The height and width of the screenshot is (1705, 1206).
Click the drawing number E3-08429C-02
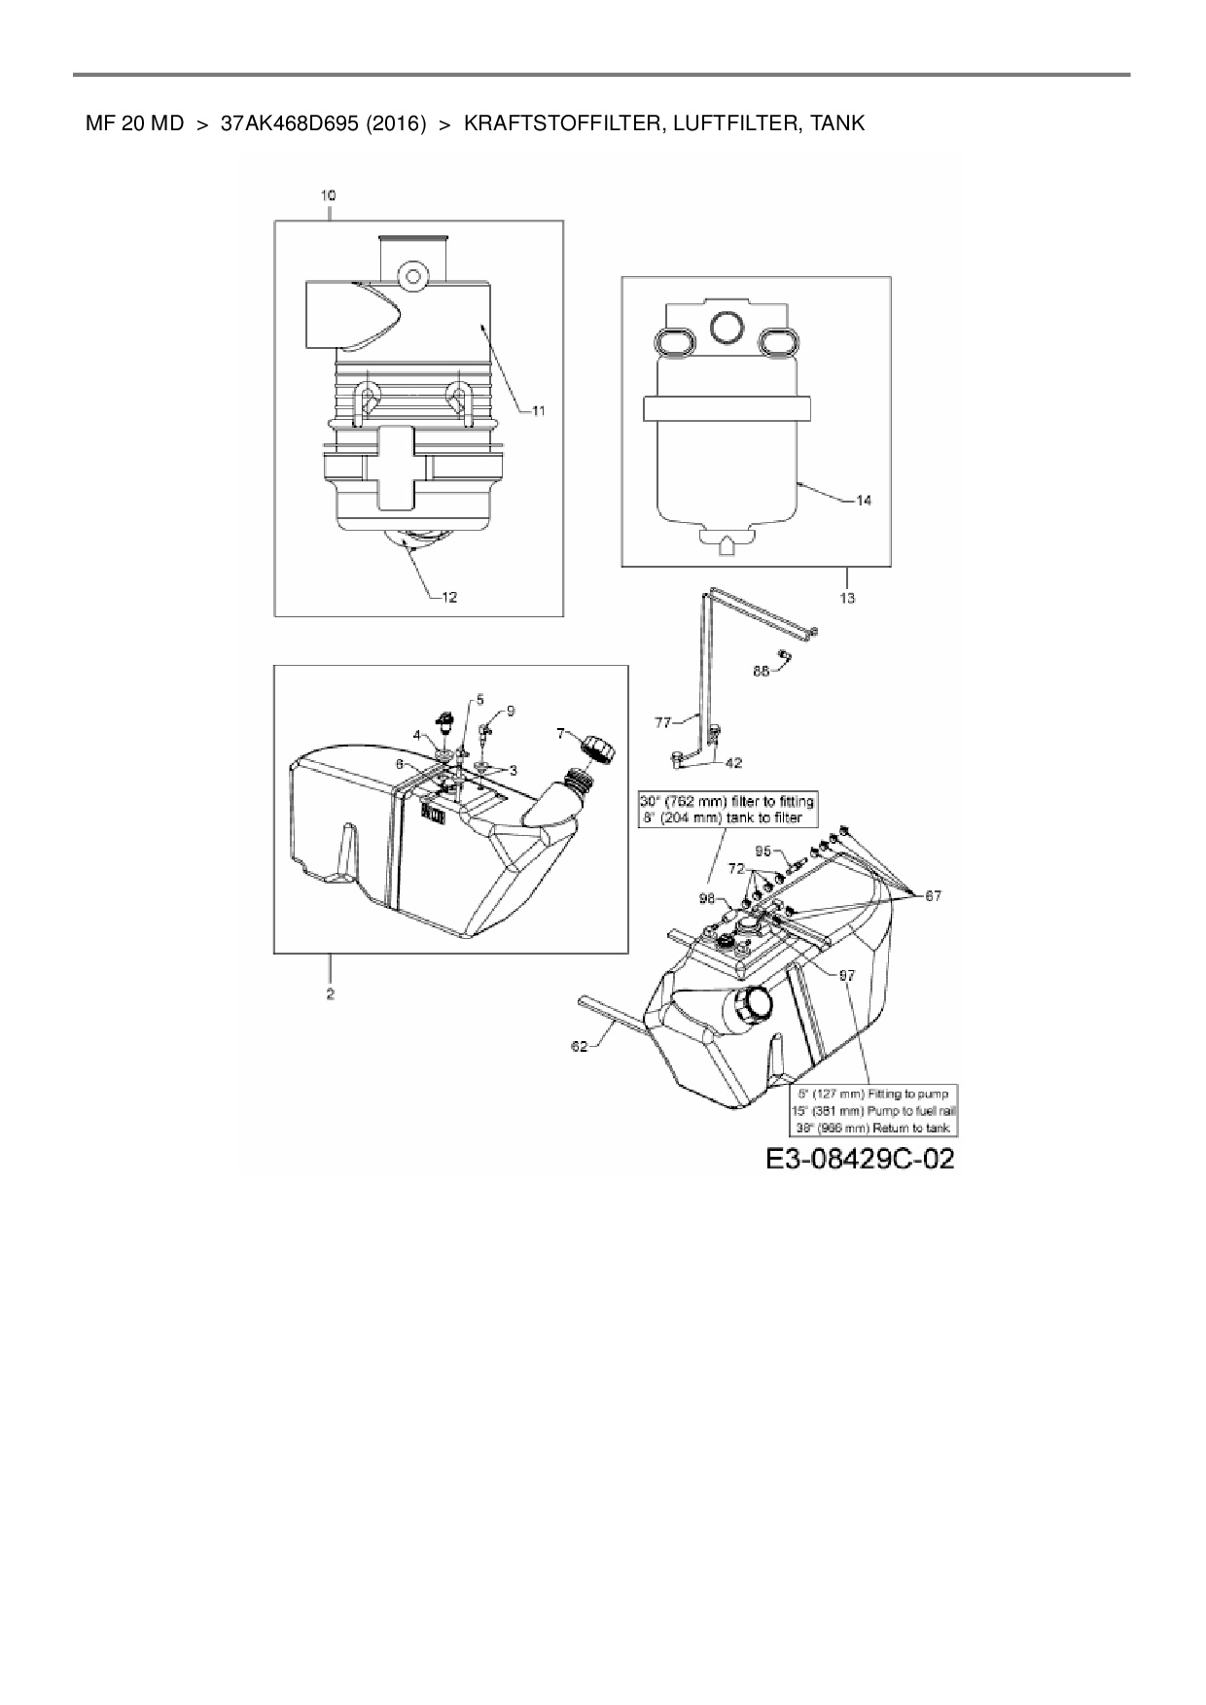tap(859, 1159)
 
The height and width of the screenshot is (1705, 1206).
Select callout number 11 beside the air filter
tap(538, 411)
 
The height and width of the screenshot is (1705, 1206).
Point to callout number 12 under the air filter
tap(449, 598)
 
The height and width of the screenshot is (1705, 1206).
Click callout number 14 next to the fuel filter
tap(864, 501)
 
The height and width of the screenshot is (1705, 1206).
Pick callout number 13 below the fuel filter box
tap(847, 598)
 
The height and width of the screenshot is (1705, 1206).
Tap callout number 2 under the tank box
tap(330, 994)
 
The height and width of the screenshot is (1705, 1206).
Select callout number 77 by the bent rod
tap(663, 722)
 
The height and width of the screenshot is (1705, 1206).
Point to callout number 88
tap(762, 671)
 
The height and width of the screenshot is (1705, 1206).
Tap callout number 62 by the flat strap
tap(580, 1047)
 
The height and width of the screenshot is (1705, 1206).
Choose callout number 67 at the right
tap(933, 895)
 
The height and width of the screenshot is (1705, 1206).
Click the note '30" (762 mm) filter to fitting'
tap(727, 802)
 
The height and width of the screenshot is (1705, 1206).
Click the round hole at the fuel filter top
tap(727, 330)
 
